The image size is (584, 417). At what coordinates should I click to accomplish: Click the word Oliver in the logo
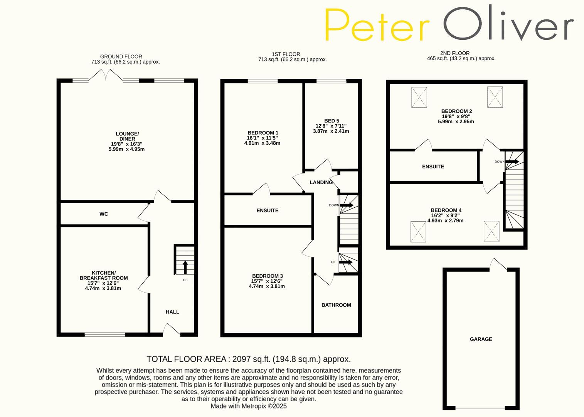coord(508,24)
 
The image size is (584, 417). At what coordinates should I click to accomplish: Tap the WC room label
coord(104,214)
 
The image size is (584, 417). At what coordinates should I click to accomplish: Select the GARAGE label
coord(481,339)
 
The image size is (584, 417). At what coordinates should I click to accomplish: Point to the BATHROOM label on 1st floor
coord(336,305)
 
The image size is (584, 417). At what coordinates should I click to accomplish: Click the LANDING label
coord(321,182)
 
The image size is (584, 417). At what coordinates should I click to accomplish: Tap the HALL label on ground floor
coord(172,312)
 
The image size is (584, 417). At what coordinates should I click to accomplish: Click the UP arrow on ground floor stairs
coord(185,267)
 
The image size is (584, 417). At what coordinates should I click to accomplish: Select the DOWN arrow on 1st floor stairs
coord(347,205)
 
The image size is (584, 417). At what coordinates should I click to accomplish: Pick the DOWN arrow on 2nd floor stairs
coord(512,161)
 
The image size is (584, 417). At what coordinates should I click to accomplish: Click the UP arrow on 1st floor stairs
coord(347,262)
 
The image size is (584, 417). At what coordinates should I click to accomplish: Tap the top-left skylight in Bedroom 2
coord(419,97)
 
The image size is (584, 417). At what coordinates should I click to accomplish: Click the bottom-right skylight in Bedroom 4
coord(491,231)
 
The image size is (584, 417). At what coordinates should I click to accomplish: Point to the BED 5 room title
coord(331,121)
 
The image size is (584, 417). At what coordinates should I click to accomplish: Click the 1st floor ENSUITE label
coord(268,210)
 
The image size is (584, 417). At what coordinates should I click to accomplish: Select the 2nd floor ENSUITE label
coord(433,167)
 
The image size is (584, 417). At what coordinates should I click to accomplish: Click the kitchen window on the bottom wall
coord(105,334)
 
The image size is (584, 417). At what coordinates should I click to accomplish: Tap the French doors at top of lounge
coord(106,76)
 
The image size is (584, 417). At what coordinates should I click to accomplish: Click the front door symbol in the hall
coord(172,330)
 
